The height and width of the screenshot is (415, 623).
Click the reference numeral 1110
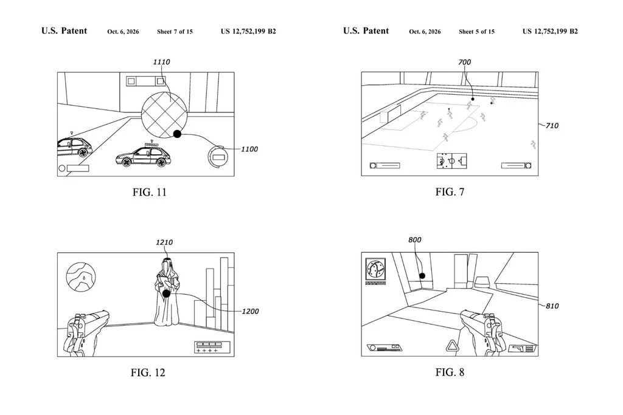[x=161, y=62]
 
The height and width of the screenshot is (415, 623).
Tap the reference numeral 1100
[x=249, y=149]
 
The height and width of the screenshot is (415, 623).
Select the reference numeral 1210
[x=164, y=242]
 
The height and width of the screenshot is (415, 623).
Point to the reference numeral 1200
[x=250, y=312]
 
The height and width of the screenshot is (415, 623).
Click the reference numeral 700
[x=464, y=63]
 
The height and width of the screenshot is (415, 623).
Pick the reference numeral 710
[x=552, y=126]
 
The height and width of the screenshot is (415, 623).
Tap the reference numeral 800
[x=415, y=240]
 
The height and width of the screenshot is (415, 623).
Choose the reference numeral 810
[x=552, y=306]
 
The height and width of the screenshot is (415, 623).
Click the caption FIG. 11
[x=150, y=193]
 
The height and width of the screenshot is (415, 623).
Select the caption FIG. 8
[x=450, y=372]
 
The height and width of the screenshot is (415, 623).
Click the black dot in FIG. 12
[x=167, y=293]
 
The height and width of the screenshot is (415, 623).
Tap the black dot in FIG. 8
[x=422, y=276]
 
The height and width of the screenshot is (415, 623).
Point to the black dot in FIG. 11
[x=177, y=134]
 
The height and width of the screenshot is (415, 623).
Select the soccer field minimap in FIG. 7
[x=452, y=161]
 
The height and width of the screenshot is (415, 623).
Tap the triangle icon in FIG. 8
[x=451, y=346]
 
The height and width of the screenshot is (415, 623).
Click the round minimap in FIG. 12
[x=81, y=277]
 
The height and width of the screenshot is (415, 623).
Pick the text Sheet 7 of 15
[x=175, y=32]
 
